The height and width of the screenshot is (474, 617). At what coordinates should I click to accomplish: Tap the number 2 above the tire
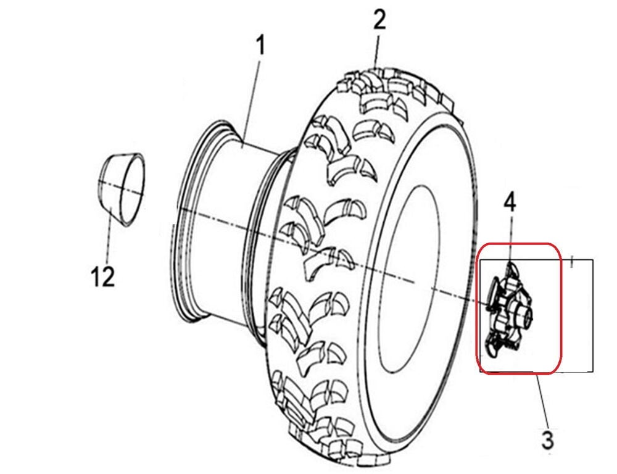point(379,20)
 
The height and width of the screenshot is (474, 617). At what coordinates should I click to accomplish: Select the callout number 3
point(548,440)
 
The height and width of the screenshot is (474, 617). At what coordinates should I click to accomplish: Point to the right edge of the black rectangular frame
point(593,315)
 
